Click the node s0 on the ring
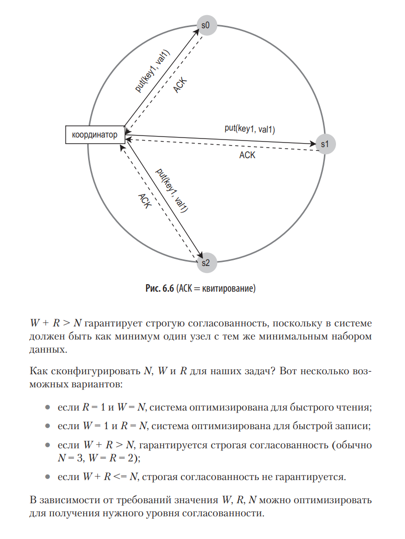coord(207,25)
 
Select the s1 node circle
coord(325,144)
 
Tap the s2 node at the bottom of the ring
coord(206,262)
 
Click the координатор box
coord(95,135)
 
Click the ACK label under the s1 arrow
coord(247,155)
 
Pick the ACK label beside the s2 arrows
coord(144,203)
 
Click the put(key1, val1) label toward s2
coord(172,190)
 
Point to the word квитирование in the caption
coord(231,289)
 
